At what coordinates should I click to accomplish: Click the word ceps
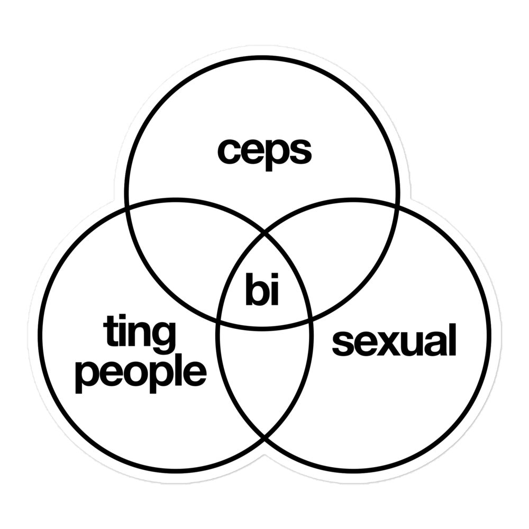(264, 154)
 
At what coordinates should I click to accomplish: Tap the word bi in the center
(262, 289)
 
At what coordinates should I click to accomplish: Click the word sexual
(394, 339)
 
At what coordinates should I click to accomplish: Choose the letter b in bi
(257, 289)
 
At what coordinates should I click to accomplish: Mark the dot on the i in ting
(122, 318)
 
